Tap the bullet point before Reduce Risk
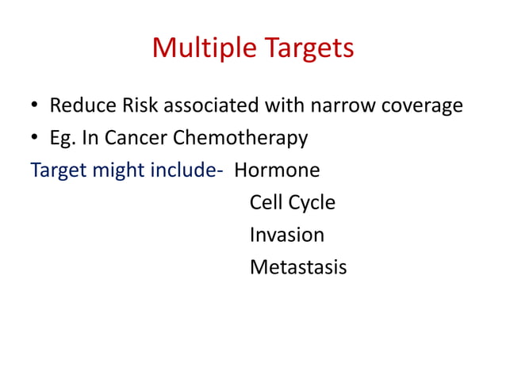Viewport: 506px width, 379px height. (x=35, y=106)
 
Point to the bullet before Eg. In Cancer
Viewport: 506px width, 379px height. (x=35, y=139)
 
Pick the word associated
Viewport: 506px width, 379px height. (x=208, y=105)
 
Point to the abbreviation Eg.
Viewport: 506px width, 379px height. (x=63, y=139)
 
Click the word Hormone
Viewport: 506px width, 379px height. (x=277, y=170)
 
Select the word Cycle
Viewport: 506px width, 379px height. (x=312, y=203)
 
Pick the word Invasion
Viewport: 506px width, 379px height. (x=286, y=235)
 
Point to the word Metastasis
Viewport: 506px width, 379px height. (x=297, y=267)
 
